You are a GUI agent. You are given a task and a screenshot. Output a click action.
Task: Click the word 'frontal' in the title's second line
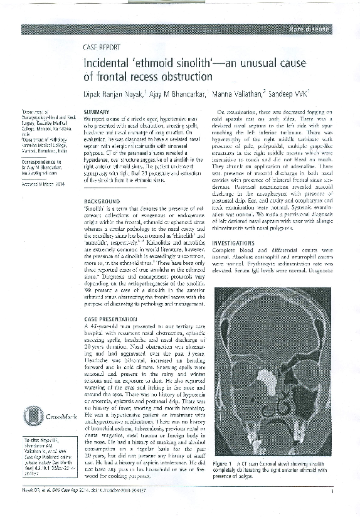point(106,78)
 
